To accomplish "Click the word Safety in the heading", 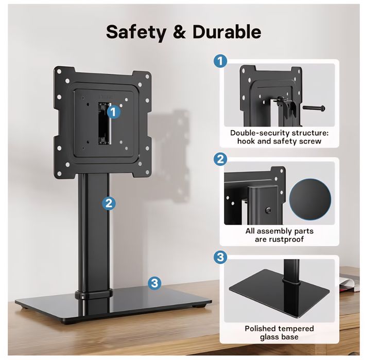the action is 135,32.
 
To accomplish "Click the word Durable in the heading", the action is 227,31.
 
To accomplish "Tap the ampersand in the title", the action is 179,32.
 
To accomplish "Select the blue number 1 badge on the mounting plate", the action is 113,112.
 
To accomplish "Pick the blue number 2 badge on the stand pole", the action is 109,204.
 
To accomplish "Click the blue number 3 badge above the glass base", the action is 154,283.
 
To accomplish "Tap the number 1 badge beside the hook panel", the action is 220,61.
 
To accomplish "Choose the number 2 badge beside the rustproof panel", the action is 220,159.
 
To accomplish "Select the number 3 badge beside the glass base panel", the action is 220,257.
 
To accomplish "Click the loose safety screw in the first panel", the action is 314,108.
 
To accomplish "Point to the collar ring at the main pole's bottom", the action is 93,294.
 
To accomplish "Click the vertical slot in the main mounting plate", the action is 104,123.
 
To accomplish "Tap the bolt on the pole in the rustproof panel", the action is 268,210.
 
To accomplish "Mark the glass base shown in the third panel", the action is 280,293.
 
